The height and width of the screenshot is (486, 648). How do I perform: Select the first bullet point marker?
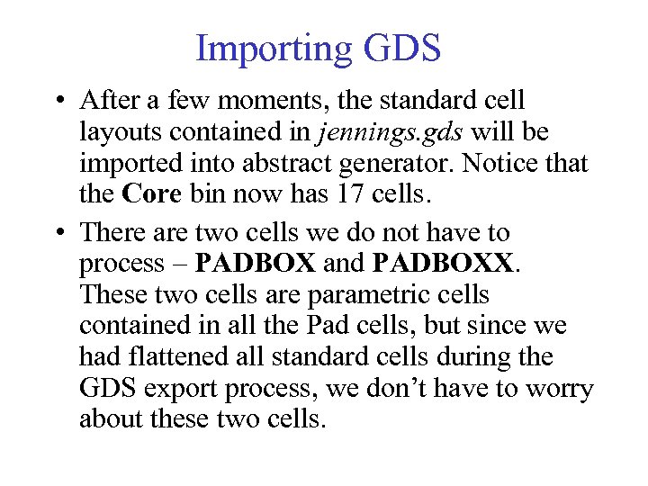[57, 101]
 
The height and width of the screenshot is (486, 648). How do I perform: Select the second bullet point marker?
[57, 232]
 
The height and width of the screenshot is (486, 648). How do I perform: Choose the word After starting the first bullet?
[110, 100]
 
